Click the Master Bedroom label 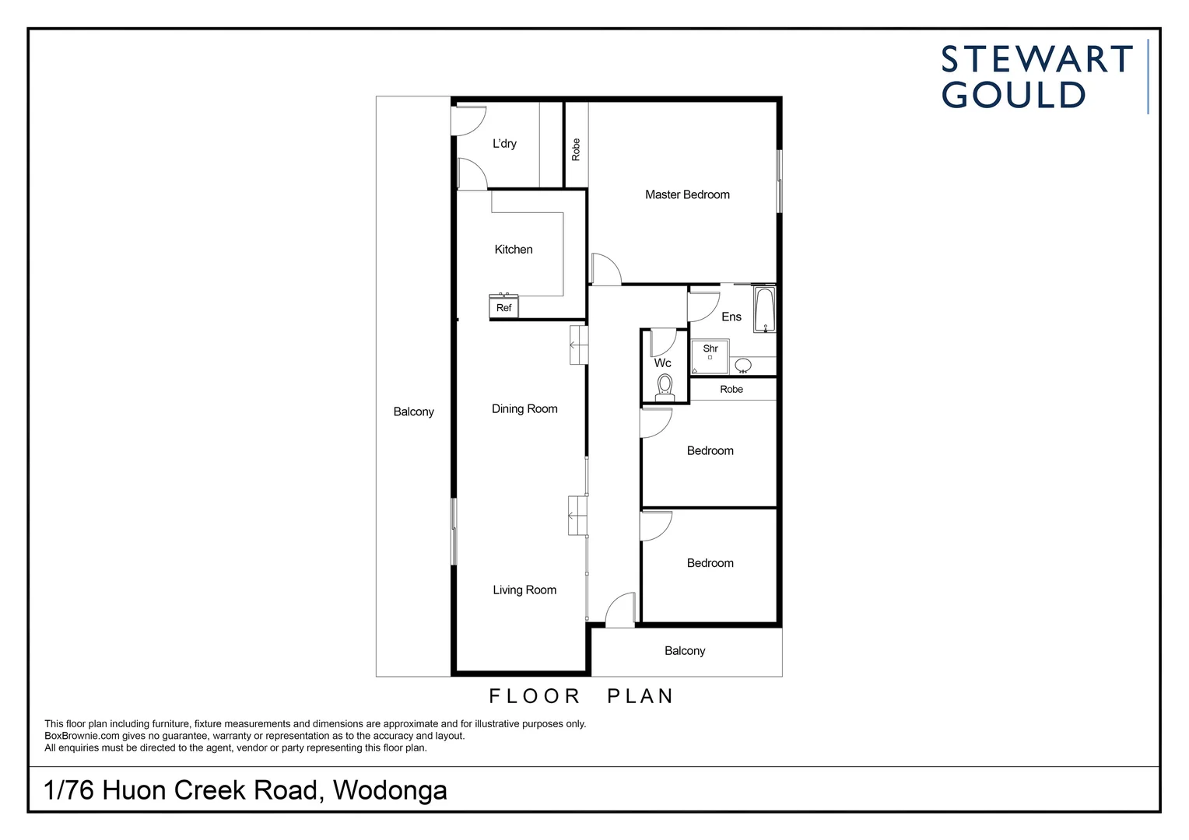pyautogui.click(x=687, y=194)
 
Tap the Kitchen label pyautogui.click(x=514, y=250)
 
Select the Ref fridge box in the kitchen pyautogui.click(x=504, y=308)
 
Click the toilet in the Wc pyautogui.click(x=665, y=386)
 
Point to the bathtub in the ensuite pyautogui.click(x=764, y=310)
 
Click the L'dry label pyautogui.click(x=504, y=144)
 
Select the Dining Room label pyautogui.click(x=524, y=409)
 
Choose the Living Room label pyautogui.click(x=524, y=590)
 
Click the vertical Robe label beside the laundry pyautogui.click(x=576, y=149)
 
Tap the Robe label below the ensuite pyautogui.click(x=731, y=390)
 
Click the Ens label pyautogui.click(x=731, y=317)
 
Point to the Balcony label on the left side pyautogui.click(x=413, y=412)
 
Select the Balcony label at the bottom pyautogui.click(x=685, y=651)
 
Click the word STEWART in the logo pyautogui.click(x=1036, y=60)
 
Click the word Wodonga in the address pyautogui.click(x=390, y=790)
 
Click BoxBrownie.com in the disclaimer pyautogui.click(x=82, y=736)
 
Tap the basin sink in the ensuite pyautogui.click(x=743, y=365)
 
